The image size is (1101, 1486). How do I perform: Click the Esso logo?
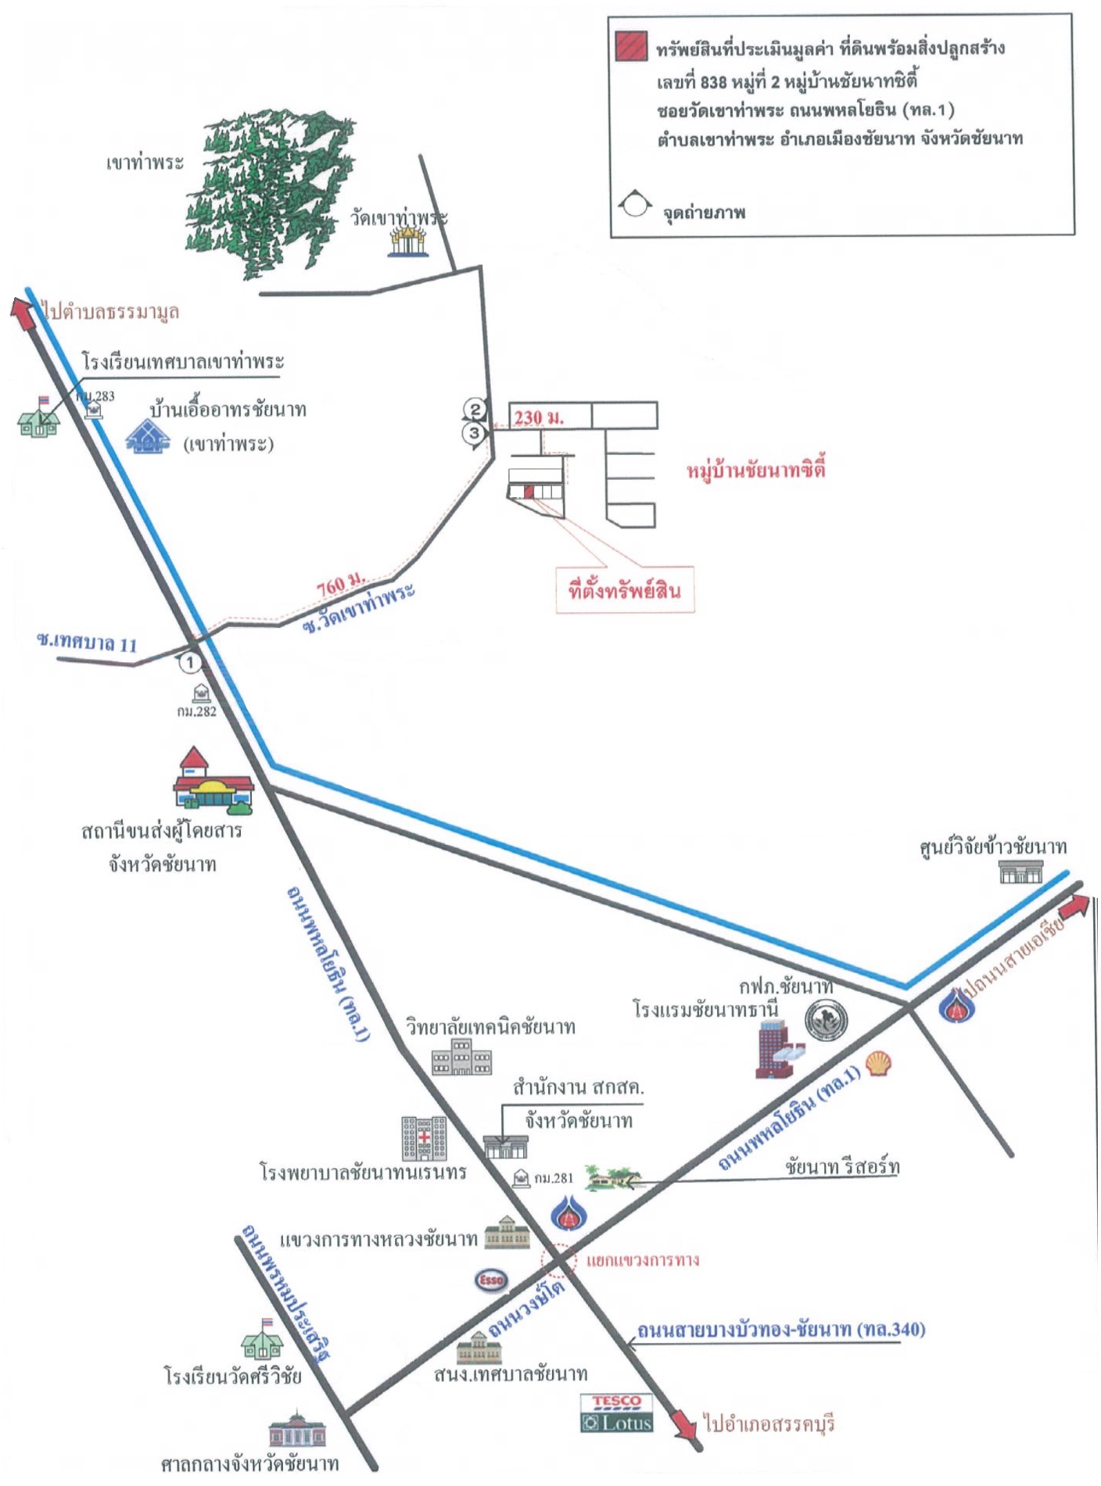(491, 1280)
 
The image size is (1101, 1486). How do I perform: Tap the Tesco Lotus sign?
(617, 1413)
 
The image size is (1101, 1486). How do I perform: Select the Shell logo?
(879, 1063)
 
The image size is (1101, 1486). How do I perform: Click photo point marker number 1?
(190, 662)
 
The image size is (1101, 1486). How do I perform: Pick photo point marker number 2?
(474, 409)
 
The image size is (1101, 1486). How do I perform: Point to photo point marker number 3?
(474, 433)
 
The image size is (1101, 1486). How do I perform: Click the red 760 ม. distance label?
(341, 584)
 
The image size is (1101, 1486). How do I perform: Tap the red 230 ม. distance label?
(539, 417)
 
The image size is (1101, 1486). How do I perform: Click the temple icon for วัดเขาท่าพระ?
(410, 242)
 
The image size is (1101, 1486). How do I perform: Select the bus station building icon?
(211, 782)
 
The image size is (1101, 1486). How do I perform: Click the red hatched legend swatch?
(630, 47)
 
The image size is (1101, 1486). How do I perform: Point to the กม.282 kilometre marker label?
(196, 711)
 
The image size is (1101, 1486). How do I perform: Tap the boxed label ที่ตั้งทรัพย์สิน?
(624, 590)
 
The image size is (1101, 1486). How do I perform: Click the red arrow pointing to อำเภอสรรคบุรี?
(684, 1424)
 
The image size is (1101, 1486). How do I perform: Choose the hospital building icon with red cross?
(424, 1138)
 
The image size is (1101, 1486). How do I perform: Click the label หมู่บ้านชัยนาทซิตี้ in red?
(755, 471)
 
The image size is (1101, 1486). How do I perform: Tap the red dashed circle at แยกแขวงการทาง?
(559, 1259)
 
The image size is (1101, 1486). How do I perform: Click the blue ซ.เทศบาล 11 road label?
(87, 643)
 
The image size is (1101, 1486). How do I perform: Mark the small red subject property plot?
(529, 492)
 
